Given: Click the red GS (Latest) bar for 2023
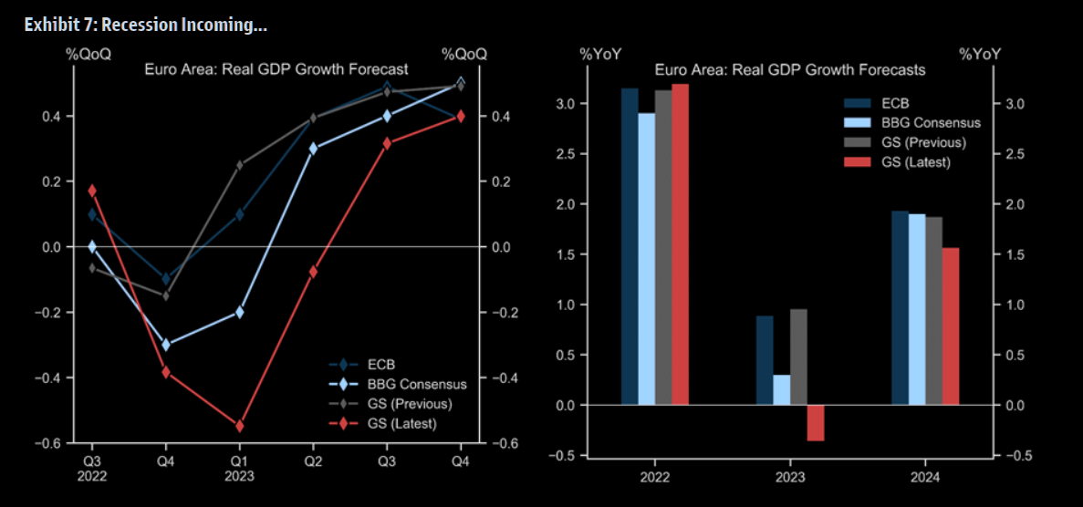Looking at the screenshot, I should [815, 423].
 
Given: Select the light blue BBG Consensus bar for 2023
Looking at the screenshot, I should [782, 389].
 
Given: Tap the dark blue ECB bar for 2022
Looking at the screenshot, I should [630, 246].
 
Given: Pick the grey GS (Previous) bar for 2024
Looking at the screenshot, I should [933, 311].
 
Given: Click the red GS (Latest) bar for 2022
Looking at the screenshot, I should [680, 243].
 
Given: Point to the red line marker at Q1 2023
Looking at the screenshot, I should [239, 426].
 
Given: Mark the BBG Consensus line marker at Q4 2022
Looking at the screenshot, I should [165, 344].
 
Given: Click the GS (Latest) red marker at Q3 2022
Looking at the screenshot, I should [92, 191].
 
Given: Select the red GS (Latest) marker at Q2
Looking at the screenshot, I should [313, 272].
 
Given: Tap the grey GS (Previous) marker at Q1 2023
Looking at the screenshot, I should [239, 165].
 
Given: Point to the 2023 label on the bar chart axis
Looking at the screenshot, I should [790, 477].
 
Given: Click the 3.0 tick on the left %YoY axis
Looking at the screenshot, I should [568, 104].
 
